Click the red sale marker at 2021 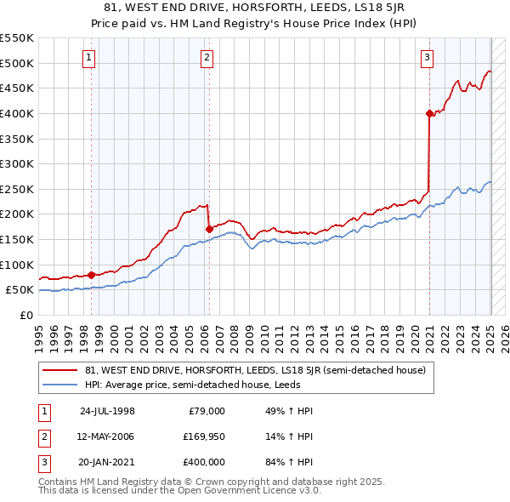click(x=429, y=112)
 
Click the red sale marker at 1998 click(x=91, y=275)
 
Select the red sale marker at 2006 click(x=209, y=229)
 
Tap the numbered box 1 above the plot click(x=89, y=58)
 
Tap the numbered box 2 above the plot click(x=207, y=58)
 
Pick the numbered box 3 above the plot click(x=427, y=58)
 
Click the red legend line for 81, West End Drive click(x=61, y=370)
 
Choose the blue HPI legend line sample click(x=61, y=385)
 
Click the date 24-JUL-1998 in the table click(x=107, y=411)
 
